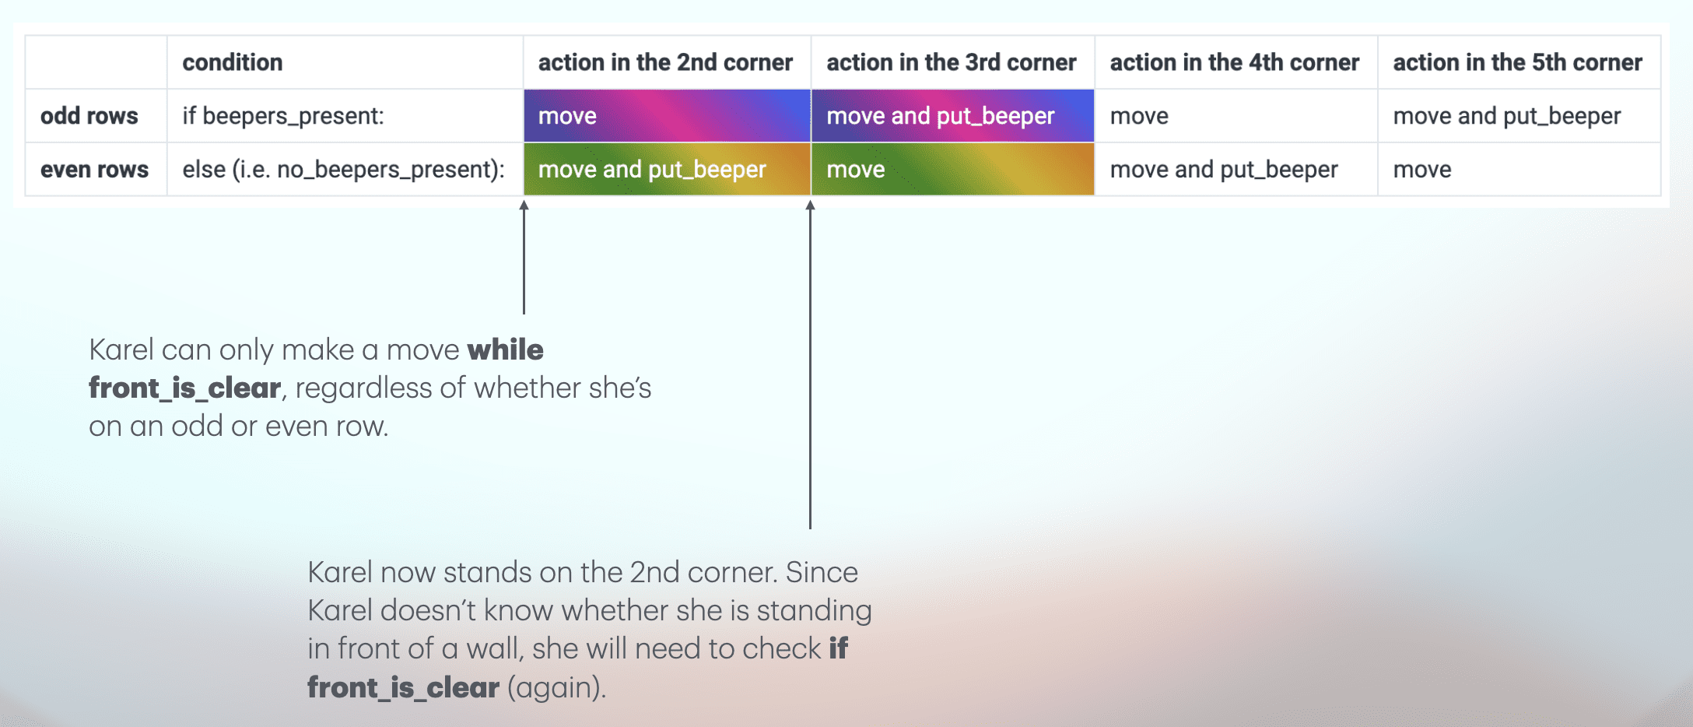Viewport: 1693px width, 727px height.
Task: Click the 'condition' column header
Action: click(x=232, y=62)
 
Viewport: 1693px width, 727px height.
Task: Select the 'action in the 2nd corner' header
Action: click(x=665, y=62)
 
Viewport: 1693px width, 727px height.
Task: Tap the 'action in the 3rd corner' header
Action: click(x=951, y=62)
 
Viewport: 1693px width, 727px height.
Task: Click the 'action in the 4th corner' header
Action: click(x=1234, y=62)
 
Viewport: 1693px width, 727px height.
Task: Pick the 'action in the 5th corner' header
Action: click(x=1517, y=62)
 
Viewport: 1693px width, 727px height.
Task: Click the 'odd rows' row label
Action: click(x=89, y=116)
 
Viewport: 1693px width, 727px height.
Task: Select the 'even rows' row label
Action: click(x=94, y=170)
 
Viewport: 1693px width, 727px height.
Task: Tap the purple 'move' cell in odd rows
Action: click(x=667, y=116)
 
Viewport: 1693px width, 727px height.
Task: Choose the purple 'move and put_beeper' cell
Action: click(x=952, y=116)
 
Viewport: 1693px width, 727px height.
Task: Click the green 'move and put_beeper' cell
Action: click(x=667, y=169)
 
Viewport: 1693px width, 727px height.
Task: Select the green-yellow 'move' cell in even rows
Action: click(x=952, y=169)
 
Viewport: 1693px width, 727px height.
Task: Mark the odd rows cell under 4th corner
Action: click(x=1236, y=116)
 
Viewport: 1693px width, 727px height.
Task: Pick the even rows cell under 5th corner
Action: click(x=1519, y=169)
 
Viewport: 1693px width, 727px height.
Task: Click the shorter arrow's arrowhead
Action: click(x=524, y=205)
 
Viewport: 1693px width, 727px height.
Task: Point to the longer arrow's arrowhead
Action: click(x=810, y=205)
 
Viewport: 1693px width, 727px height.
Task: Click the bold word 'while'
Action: click(x=505, y=349)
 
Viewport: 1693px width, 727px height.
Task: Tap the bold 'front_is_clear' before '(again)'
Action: click(x=403, y=687)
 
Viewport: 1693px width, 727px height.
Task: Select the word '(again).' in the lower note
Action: click(x=556, y=688)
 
